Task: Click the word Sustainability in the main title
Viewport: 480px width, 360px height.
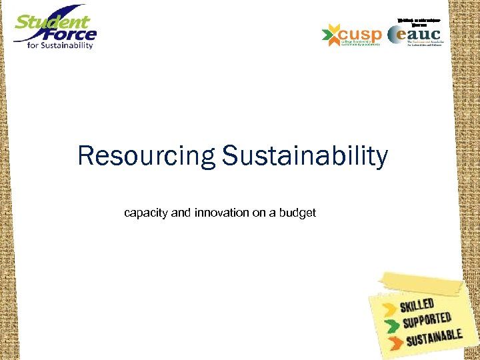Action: [305, 157]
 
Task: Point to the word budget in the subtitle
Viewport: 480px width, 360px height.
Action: [297, 213]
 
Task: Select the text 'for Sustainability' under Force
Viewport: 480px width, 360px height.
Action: [61, 45]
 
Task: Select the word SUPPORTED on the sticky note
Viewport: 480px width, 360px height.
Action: [427, 321]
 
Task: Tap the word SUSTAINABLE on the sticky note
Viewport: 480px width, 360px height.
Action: [433, 339]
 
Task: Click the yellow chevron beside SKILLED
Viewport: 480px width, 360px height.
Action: [387, 308]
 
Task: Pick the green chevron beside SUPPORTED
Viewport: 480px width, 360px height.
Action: [389, 326]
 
